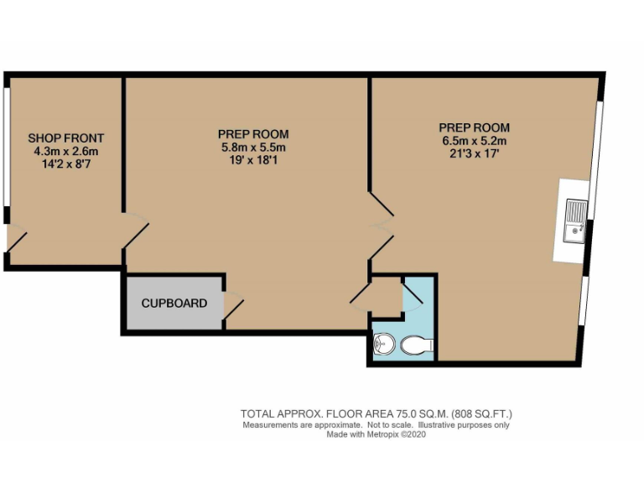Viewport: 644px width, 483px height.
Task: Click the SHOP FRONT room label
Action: tap(65, 138)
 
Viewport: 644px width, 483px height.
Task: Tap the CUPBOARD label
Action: tap(174, 303)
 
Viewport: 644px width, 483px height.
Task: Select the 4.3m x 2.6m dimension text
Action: tap(65, 152)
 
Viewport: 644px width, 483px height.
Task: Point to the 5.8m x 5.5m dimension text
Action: tap(252, 147)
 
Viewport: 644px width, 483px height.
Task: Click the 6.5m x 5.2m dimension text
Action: tap(474, 141)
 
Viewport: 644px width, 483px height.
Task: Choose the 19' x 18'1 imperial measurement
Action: tap(252, 160)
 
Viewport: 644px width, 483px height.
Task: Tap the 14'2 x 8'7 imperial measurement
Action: tap(65, 164)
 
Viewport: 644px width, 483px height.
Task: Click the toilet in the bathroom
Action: tap(417, 344)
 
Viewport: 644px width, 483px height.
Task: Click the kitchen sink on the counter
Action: tap(575, 221)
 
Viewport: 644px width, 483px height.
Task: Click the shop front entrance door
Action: tap(16, 238)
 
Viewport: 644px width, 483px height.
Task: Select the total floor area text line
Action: tap(376, 413)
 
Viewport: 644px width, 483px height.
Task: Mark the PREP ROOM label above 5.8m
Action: tap(252, 134)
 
